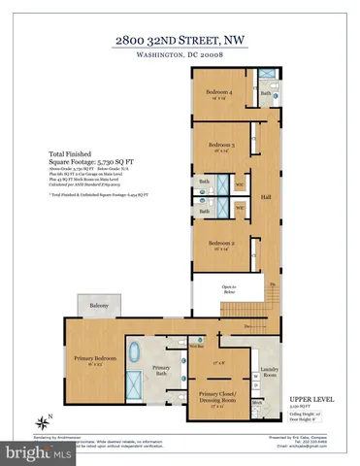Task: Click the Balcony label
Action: [x=99, y=306]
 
